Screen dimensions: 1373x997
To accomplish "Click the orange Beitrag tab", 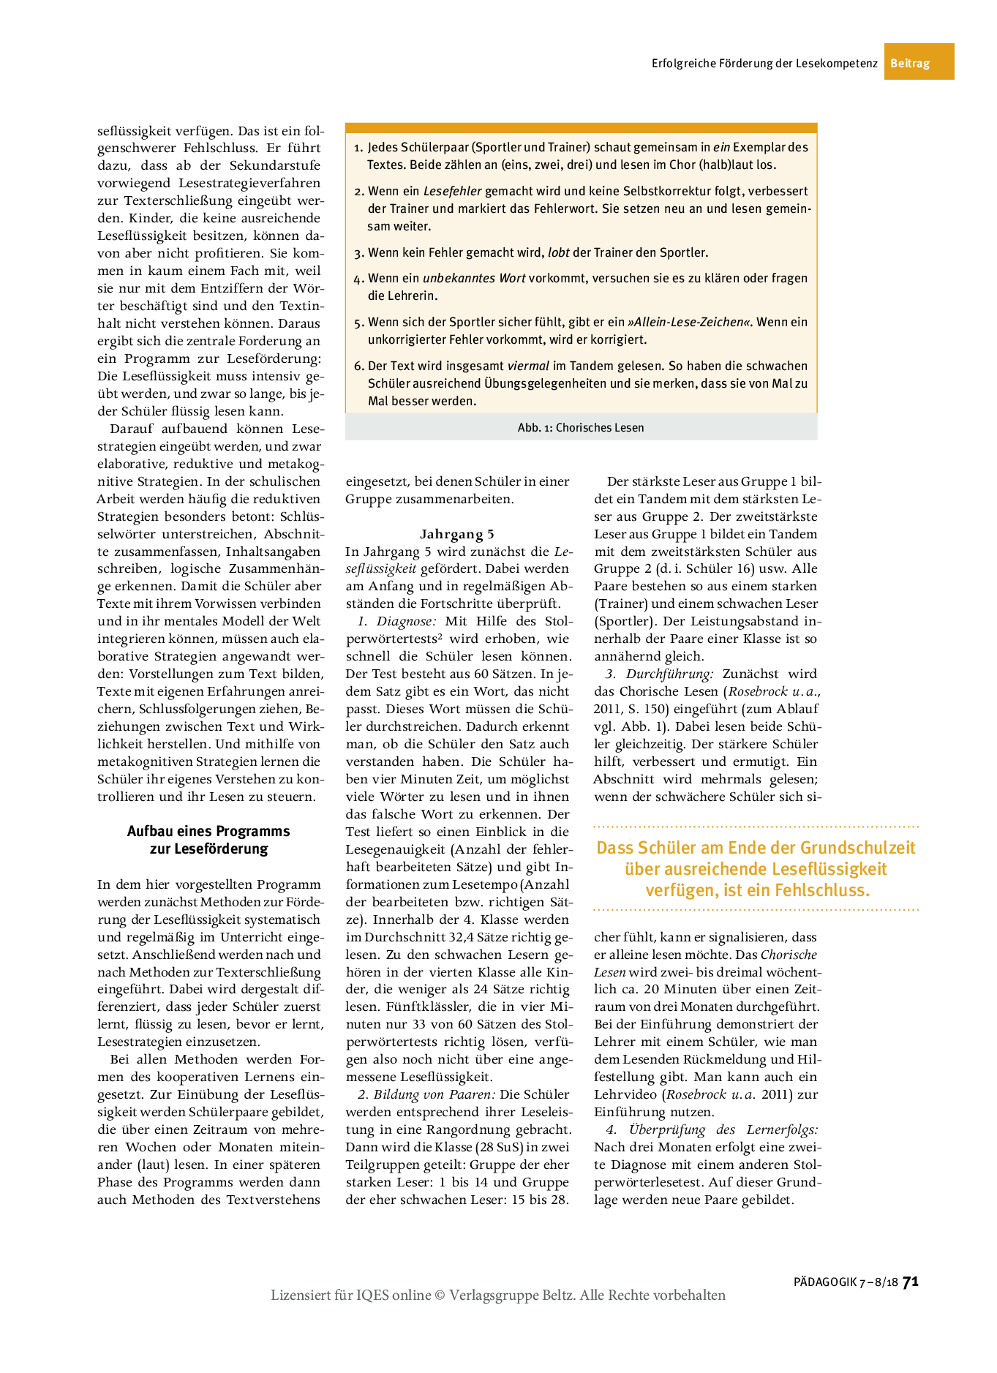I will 910,63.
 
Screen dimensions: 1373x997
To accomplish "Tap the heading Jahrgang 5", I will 457,534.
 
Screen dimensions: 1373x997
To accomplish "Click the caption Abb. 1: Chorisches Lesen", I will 581,428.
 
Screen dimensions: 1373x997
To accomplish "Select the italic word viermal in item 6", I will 529,366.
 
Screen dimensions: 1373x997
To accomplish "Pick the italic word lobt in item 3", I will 559,252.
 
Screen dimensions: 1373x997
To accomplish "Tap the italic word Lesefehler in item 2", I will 453,191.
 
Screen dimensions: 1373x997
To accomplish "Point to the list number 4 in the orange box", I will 358,279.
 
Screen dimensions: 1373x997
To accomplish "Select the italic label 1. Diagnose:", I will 397,621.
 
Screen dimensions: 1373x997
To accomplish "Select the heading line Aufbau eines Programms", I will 208,831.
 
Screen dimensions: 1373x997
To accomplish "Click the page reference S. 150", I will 645,709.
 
